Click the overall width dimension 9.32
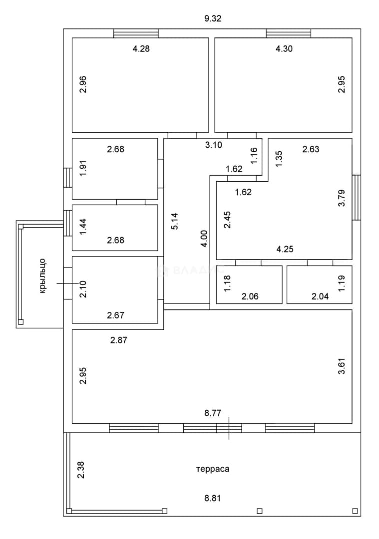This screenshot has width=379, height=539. coord(213,18)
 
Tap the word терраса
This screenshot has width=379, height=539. coord(213,469)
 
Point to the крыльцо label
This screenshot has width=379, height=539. coord(42,276)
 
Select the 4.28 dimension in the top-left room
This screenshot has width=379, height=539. coord(141,49)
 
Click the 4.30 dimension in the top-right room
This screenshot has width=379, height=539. coord(284,49)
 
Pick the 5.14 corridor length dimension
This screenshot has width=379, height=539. coord(175,221)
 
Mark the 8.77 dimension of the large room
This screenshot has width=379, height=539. coord(213,413)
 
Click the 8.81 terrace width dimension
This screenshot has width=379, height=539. coord(213,498)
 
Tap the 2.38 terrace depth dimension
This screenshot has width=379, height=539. coord(81,470)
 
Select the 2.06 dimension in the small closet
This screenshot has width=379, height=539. coord(250,296)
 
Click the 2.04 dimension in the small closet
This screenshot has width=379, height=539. coord(320,296)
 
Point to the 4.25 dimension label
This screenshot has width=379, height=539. coord(285,249)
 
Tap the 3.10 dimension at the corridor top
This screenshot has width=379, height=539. coord(214,145)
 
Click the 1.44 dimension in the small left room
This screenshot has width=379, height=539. coord(83,227)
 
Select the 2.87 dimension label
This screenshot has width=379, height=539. coord(119,340)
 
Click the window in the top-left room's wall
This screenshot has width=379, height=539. coord(136,33)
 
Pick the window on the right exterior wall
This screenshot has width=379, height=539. coord(357,197)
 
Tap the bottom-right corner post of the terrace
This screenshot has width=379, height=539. coord(355,511)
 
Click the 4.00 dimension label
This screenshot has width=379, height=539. coord(204,239)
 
